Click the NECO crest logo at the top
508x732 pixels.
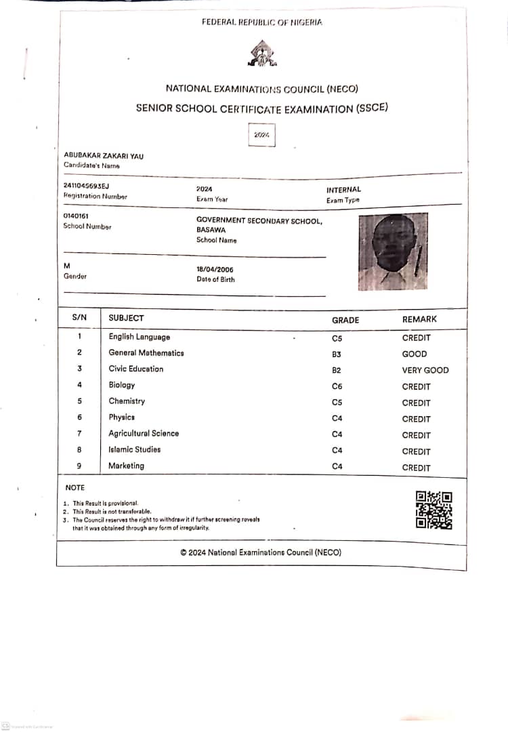pos(261,54)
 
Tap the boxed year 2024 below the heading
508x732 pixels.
pos(261,136)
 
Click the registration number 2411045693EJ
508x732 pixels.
pos(86,186)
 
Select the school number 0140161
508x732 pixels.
pos(76,216)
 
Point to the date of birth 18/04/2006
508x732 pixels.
pos(215,269)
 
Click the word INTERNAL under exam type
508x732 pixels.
pos(343,190)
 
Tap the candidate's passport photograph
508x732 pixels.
pos(393,251)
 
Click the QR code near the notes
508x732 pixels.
pos(433,510)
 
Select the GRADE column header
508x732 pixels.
pos(345,320)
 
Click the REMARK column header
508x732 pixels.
pos(419,319)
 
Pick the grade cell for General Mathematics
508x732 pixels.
pos(337,354)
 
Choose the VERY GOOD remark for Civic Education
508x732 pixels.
pos(425,370)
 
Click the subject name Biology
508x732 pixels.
pos(122,385)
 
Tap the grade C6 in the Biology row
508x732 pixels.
pos(337,386)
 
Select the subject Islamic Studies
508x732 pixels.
pos(135,449)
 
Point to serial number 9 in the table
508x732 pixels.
pos(79,466)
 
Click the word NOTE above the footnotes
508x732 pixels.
pos(75,487)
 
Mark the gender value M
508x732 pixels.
pos(66,266)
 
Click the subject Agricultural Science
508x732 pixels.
pos(144,433)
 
